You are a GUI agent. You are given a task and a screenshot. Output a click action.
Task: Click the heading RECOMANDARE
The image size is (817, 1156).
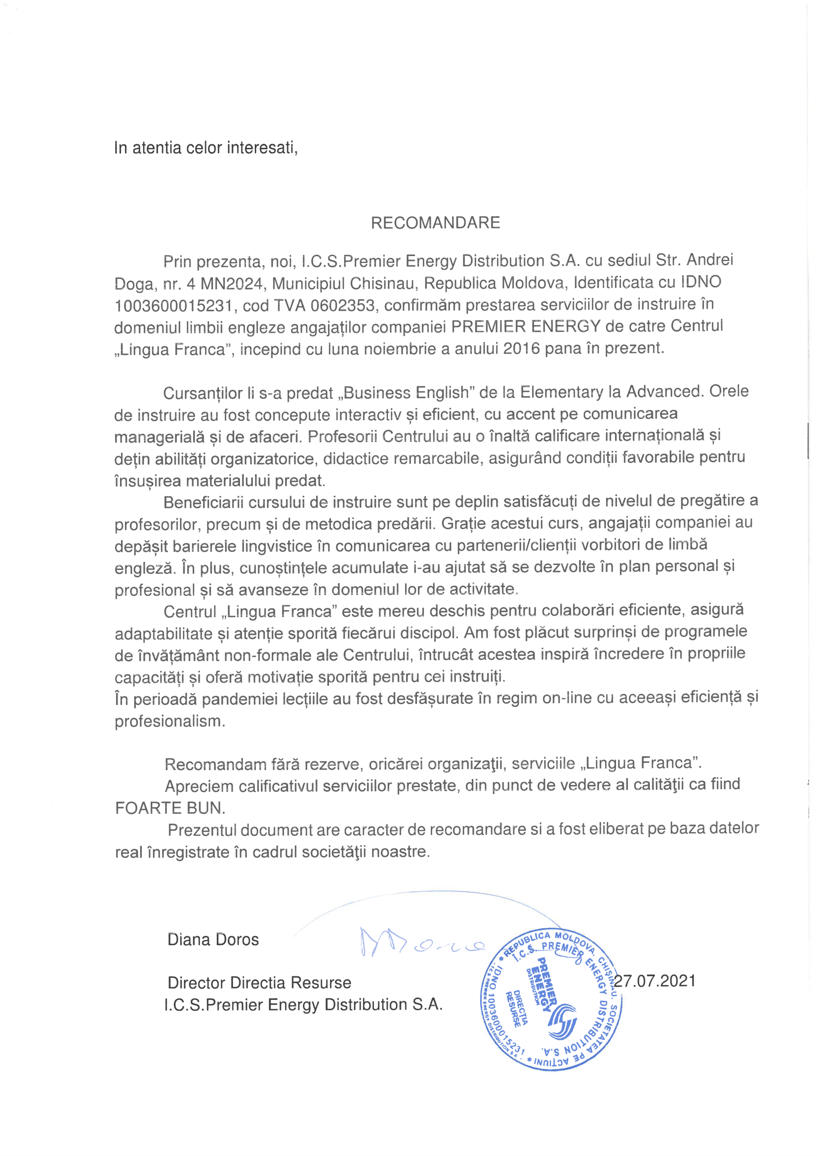pos(435,222)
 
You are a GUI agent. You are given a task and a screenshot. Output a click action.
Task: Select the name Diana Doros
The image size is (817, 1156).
pos(213,940)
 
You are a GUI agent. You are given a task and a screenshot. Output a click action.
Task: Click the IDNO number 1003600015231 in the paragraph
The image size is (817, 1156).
pos(173,306)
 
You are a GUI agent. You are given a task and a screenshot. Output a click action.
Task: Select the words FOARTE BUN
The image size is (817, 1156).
pos(170,809)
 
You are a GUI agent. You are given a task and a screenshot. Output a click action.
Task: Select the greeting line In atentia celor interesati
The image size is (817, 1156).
pos(206,148)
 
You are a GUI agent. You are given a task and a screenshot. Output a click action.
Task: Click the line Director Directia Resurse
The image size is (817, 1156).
pos(259,983)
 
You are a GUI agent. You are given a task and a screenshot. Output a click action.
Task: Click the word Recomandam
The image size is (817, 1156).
pos(215,765)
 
